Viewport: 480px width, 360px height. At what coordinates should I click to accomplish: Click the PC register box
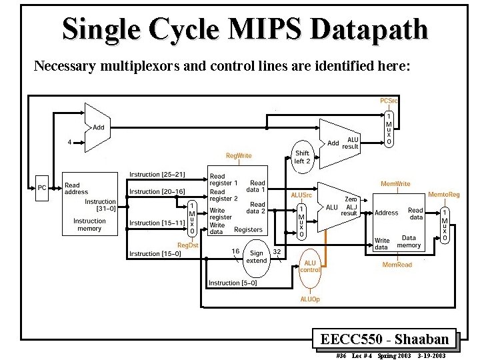click(x=42, y=188)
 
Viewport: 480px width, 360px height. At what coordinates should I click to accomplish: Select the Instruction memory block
click(x=89, y=204)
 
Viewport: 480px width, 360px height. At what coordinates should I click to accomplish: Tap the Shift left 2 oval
click(x=302, y=157)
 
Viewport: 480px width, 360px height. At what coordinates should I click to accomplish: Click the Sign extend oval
click(x=257, y=257)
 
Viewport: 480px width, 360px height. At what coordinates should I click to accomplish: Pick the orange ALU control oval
click(x=310, y=266)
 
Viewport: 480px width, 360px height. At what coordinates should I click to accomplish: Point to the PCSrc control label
click(x=389, y=101)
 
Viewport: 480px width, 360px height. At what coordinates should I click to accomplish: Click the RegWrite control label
click(x=239, y=155)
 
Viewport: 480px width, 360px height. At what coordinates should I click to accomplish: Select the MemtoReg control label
click(x=443, y=194)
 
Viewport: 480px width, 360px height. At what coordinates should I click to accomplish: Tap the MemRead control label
click(x=397, y=265)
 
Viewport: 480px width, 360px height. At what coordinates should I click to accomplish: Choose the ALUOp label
click(x=310, y=299)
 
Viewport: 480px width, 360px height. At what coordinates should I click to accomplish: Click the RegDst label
click(x=187, y=245)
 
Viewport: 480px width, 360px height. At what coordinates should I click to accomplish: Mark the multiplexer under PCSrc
click(x=389, y=129)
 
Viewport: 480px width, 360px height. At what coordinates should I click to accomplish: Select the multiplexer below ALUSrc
click(x=301, y=221)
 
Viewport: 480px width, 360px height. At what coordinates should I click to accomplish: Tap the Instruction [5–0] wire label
click(x=233, y=283)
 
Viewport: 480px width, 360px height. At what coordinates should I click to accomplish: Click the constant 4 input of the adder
click(x=69, y=141)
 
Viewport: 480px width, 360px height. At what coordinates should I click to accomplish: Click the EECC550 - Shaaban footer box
click(x=385, y=339)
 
